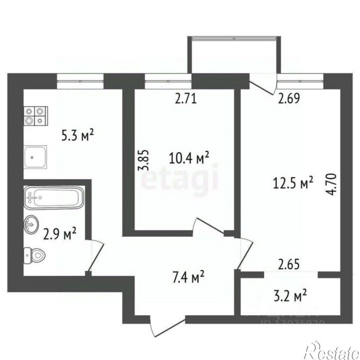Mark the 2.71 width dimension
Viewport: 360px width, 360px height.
coord(187,98)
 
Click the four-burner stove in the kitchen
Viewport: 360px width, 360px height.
coord(36,115)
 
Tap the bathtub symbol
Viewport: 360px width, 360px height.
coord(53,198)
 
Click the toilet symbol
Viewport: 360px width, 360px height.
coord(34,256)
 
